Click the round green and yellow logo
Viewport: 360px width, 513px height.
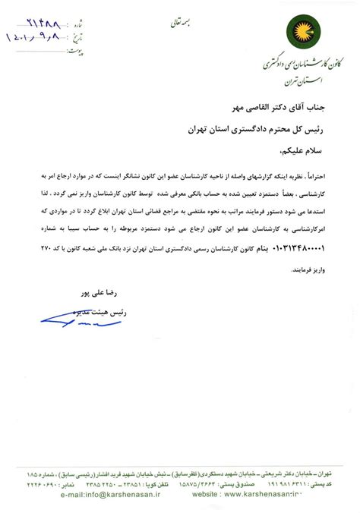pos(298,32)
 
